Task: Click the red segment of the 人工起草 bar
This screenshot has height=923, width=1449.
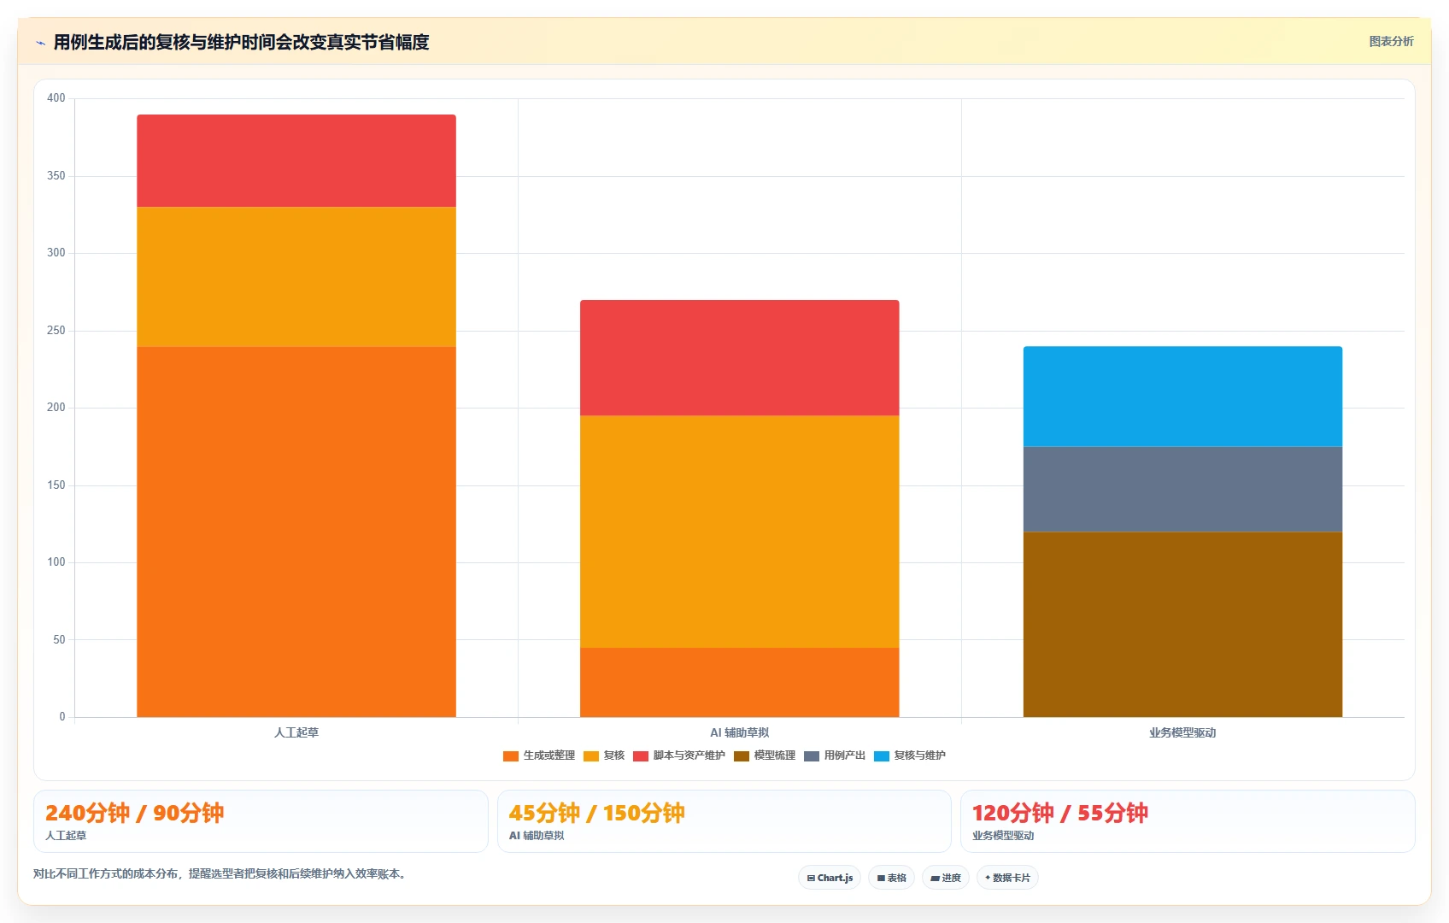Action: [296, 161]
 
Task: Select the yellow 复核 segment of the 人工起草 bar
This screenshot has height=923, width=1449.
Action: [296, 277]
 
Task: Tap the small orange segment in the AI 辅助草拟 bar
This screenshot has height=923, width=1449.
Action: [739, 682]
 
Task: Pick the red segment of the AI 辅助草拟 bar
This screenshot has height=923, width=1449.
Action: [739, 358]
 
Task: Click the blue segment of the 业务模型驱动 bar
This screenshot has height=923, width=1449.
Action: [1182, 397]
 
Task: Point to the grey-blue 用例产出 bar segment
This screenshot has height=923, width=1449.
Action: [1182, 490]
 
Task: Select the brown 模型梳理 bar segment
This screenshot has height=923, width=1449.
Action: [1182, 625]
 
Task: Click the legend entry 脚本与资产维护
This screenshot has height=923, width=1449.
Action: [679, 755]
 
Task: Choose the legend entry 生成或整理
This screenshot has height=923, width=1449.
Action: [539, 755]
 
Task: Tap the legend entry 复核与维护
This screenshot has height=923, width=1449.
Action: [910, 755]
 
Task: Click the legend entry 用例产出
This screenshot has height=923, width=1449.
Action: [835, 755]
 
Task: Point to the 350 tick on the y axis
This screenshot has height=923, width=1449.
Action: [56, 176]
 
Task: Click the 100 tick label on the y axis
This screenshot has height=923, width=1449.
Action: [56, 562]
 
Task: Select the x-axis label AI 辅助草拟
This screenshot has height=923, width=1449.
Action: [739, 732]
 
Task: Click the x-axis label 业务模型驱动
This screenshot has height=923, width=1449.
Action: [1182, 732]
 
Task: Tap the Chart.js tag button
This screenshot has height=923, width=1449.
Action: [830, 878]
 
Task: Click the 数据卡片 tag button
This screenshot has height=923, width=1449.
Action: [1007, 878]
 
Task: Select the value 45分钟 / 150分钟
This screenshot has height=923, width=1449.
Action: [596, 813]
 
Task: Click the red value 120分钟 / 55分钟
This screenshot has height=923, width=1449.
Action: [1060, 813]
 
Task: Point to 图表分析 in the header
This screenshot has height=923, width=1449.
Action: [1392, 41]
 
